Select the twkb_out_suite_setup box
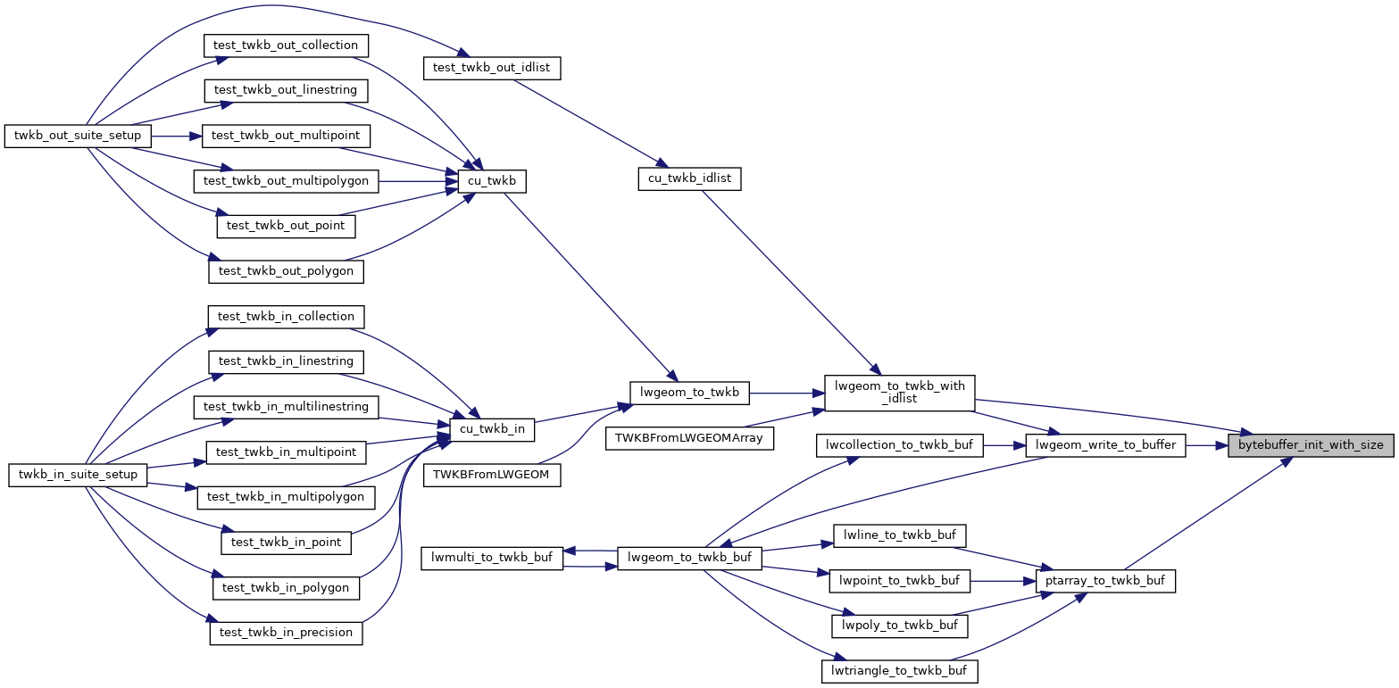[x=79, y=136]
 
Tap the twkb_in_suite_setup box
[x=79, y=474]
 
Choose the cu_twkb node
[x=491, y=181]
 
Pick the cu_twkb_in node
[x=491, y=429]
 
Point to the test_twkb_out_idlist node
[x=491, y=68]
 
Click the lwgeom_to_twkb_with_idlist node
[x=899, y=392]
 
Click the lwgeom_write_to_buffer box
[x=1106, y=444]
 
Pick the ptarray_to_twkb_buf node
[x=1105, y=580]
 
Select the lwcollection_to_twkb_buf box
[x=900, y=444]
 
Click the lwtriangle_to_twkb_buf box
[x=899, y=670]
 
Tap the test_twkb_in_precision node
[x=286, y=632]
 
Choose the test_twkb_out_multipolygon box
[x=286, y=180]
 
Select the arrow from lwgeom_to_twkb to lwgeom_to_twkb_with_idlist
[x=787, y=391]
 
